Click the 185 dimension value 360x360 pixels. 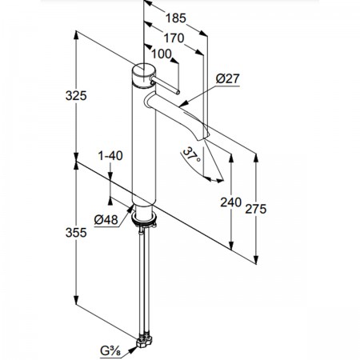pos(176,18)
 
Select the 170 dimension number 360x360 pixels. pos(174,38)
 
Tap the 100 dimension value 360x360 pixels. pos(162,54)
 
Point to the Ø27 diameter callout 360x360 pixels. pos(228,78)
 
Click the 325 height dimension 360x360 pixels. pos(76,96)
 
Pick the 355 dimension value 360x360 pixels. pos(76,233)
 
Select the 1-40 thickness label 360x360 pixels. pos(110,156)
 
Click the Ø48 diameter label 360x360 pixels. pos(106,220)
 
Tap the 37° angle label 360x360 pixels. pos(192,155)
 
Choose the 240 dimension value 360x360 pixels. pos(231,202)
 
